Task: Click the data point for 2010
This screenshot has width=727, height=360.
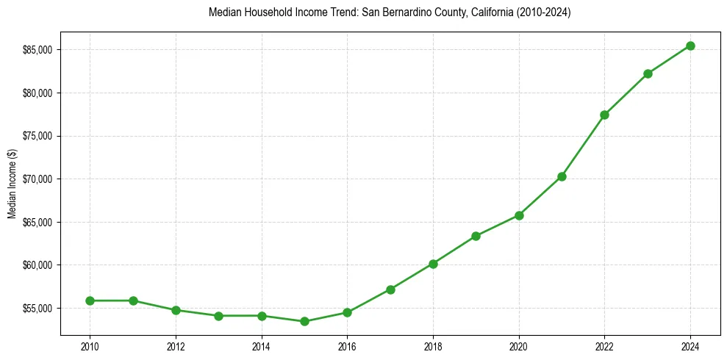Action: pyautogui.click(x=90, y=300)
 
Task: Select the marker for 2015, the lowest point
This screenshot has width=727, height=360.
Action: pyautogui.click(x=304, y=321)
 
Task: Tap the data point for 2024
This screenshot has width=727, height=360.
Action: pyautogui.click(x=690, y=46)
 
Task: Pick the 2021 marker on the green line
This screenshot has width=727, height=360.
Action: pyautogui.click(x=562, y=176)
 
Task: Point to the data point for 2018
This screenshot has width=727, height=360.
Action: pyautogui.click(x=433, y=264)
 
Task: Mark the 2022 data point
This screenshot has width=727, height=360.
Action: pyautogui.click(x=604, y=115)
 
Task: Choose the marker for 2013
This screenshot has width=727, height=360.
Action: pyautogui.click(x=218, y=316)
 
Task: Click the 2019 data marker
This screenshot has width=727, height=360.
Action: pyautogui.click(x=476, y=236)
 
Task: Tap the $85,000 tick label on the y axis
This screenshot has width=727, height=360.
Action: pyautogui.click(x=40, y=50)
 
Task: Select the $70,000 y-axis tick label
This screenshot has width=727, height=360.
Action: pyautogui.click(x=40, y=179)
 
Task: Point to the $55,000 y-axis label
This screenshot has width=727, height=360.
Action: pyautogui.click(x=40, y=308)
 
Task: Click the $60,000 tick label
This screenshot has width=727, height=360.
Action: pyautogui.click(x=40, y=265)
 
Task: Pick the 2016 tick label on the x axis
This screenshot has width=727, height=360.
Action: pyautogui.click(x=347, y=345)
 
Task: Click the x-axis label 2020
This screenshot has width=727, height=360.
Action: pyautogui.click(x=519, y=345)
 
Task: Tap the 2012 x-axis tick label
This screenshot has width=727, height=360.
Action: pyautogui.click(x=176, y=345)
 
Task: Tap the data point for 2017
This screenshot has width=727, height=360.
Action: pyautogui.click(x=390, y=289)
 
